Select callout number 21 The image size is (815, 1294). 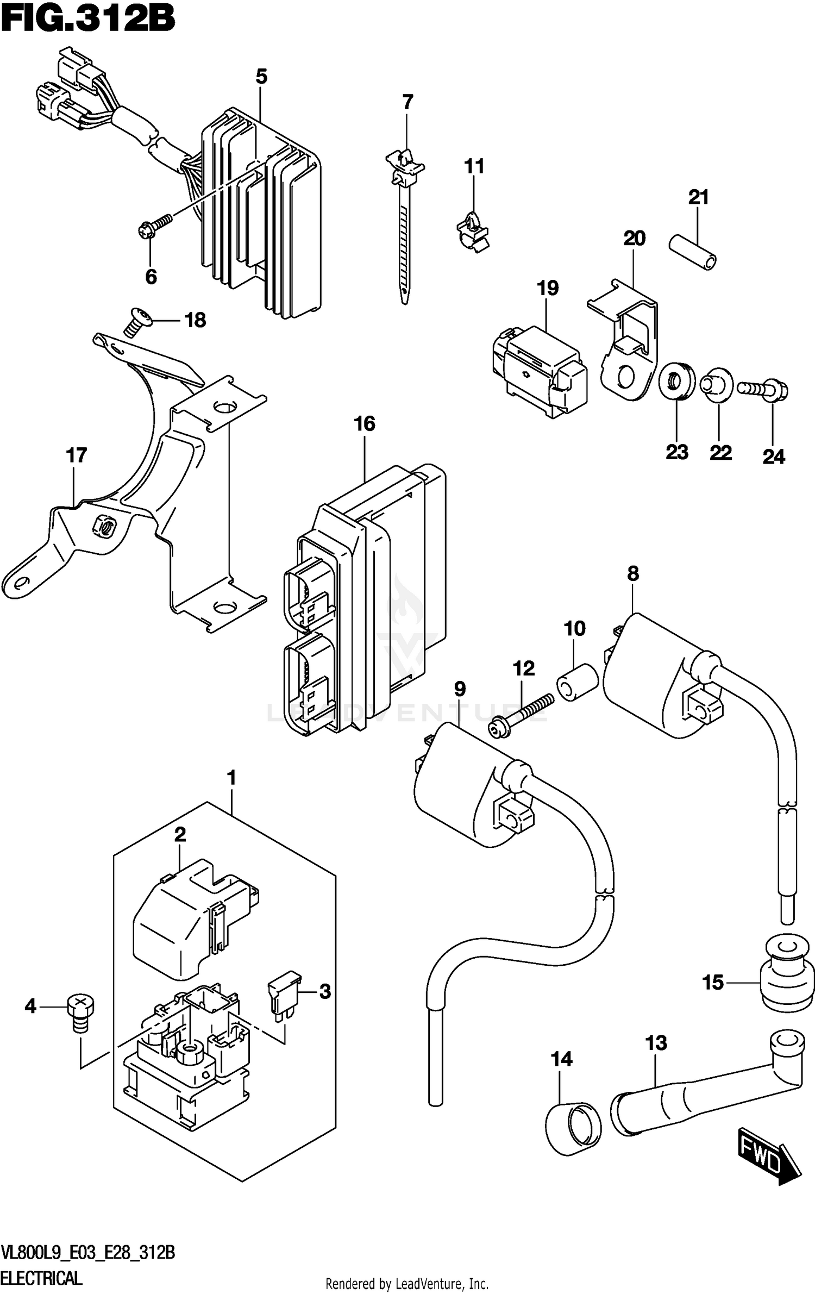pyautogui.click(x=699, y=197)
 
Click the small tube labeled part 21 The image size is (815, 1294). pyautogui.click(x=692, y=252)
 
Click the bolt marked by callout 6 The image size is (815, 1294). pyautogui.click(x=155, y=226)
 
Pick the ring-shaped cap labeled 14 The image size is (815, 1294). pyautogui.click(x=573, y=1127)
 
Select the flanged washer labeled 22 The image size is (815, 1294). pyautogui.click(x=717, y=386)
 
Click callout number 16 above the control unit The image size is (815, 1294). pyautogui.click(x=365, y=423)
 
